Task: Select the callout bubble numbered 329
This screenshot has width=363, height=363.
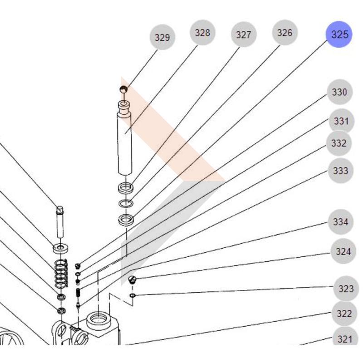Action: pos(162,37)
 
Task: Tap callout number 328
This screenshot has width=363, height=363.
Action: pos(202,33)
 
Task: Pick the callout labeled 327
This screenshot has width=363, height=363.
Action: pos(244,35)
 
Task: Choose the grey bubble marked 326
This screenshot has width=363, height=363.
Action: pos(285,33)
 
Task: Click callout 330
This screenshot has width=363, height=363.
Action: pos(339,93)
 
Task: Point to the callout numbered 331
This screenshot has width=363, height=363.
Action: pos(341,121)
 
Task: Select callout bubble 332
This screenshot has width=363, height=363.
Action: pos(339,143)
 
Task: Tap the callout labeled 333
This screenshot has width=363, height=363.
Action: pos(340,171)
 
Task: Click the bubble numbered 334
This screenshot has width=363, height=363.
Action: pos(340,222)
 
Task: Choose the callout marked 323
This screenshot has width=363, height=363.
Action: pos(346,289)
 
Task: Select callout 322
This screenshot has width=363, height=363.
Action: pos(344,314)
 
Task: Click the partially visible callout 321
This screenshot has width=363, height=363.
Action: pos(345,339)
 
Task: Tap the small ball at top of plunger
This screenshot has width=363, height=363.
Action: pos(124,89)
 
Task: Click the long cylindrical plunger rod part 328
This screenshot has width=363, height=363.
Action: pos(125,141)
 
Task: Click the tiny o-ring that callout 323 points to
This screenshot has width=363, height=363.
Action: pos(132,296)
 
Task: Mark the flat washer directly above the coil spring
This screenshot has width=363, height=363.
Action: pos(61,248)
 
